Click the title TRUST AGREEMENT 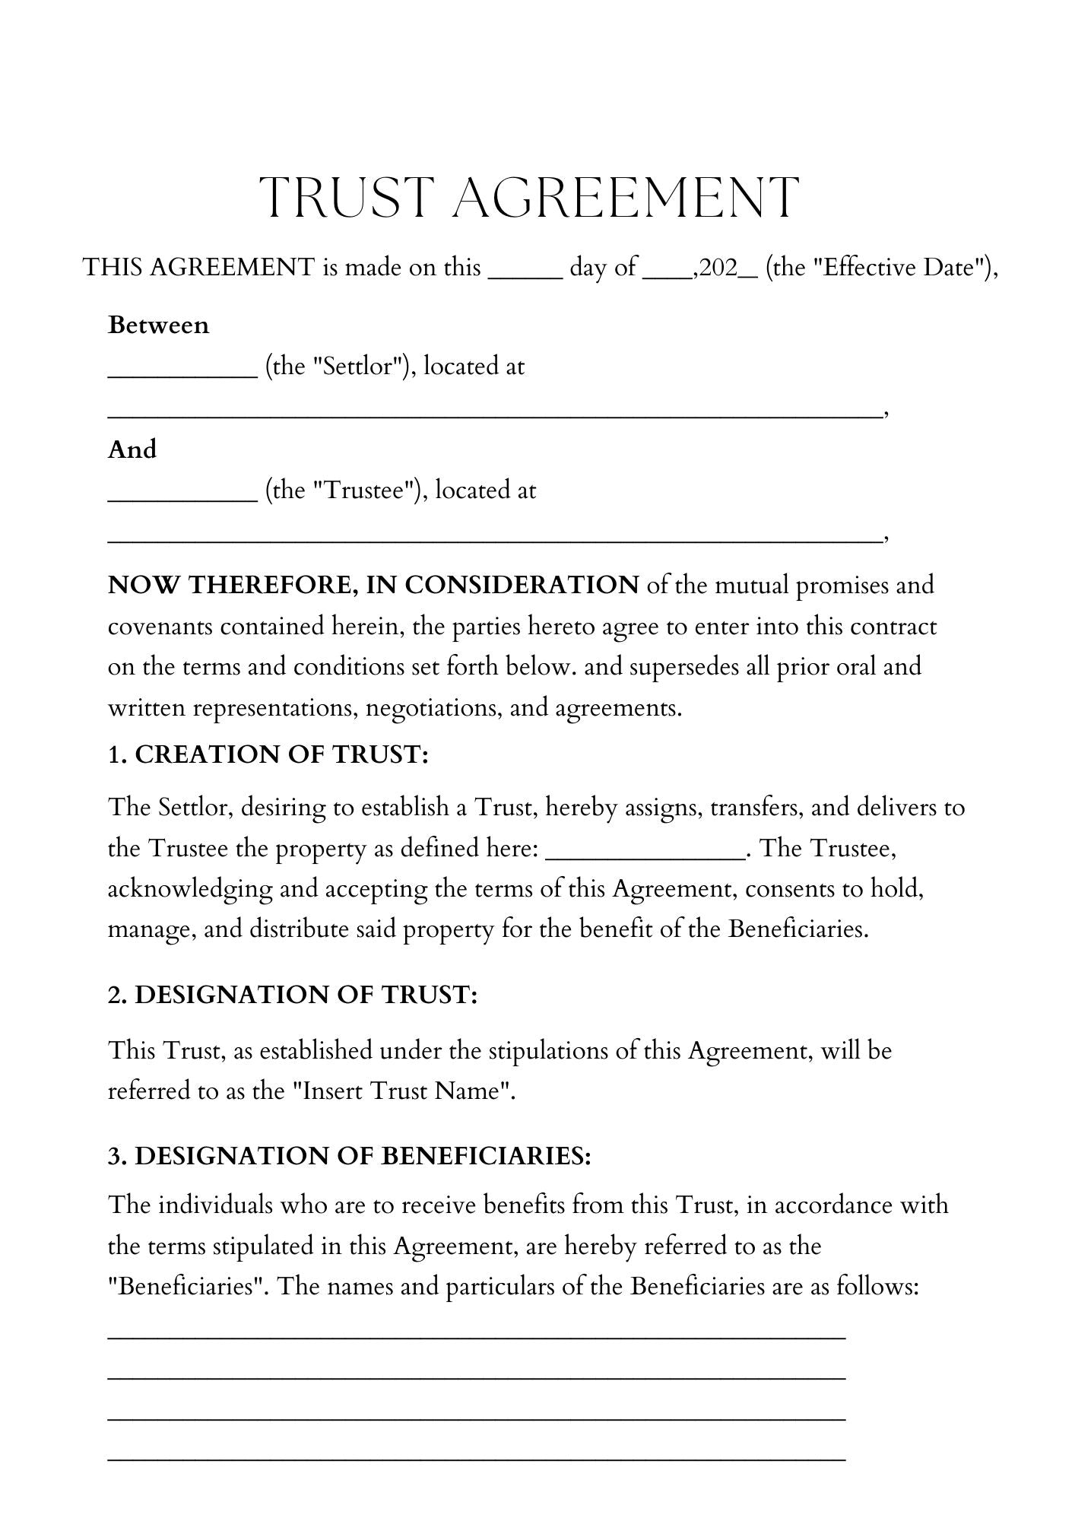click(x=529, y=198)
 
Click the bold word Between click(x=158, y=325)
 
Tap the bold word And click(x=132, y=449)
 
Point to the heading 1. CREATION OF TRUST click(x=268, y=755)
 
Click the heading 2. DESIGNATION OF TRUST click(x=293, y=995)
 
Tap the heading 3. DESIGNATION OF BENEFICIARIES click(x=350, y=1156)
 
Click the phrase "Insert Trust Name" click(x=403, y=1091)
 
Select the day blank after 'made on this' click(x=525, y=275)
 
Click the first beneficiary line click(x=477, y=1336)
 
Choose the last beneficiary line click(x=477, y=1459)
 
